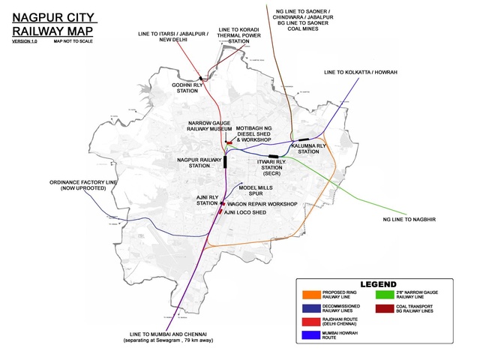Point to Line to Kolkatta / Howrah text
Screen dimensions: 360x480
click(360, 71)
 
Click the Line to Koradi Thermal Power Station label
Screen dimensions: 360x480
click(238, 36)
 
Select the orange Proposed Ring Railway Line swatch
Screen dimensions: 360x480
click(308, 294)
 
